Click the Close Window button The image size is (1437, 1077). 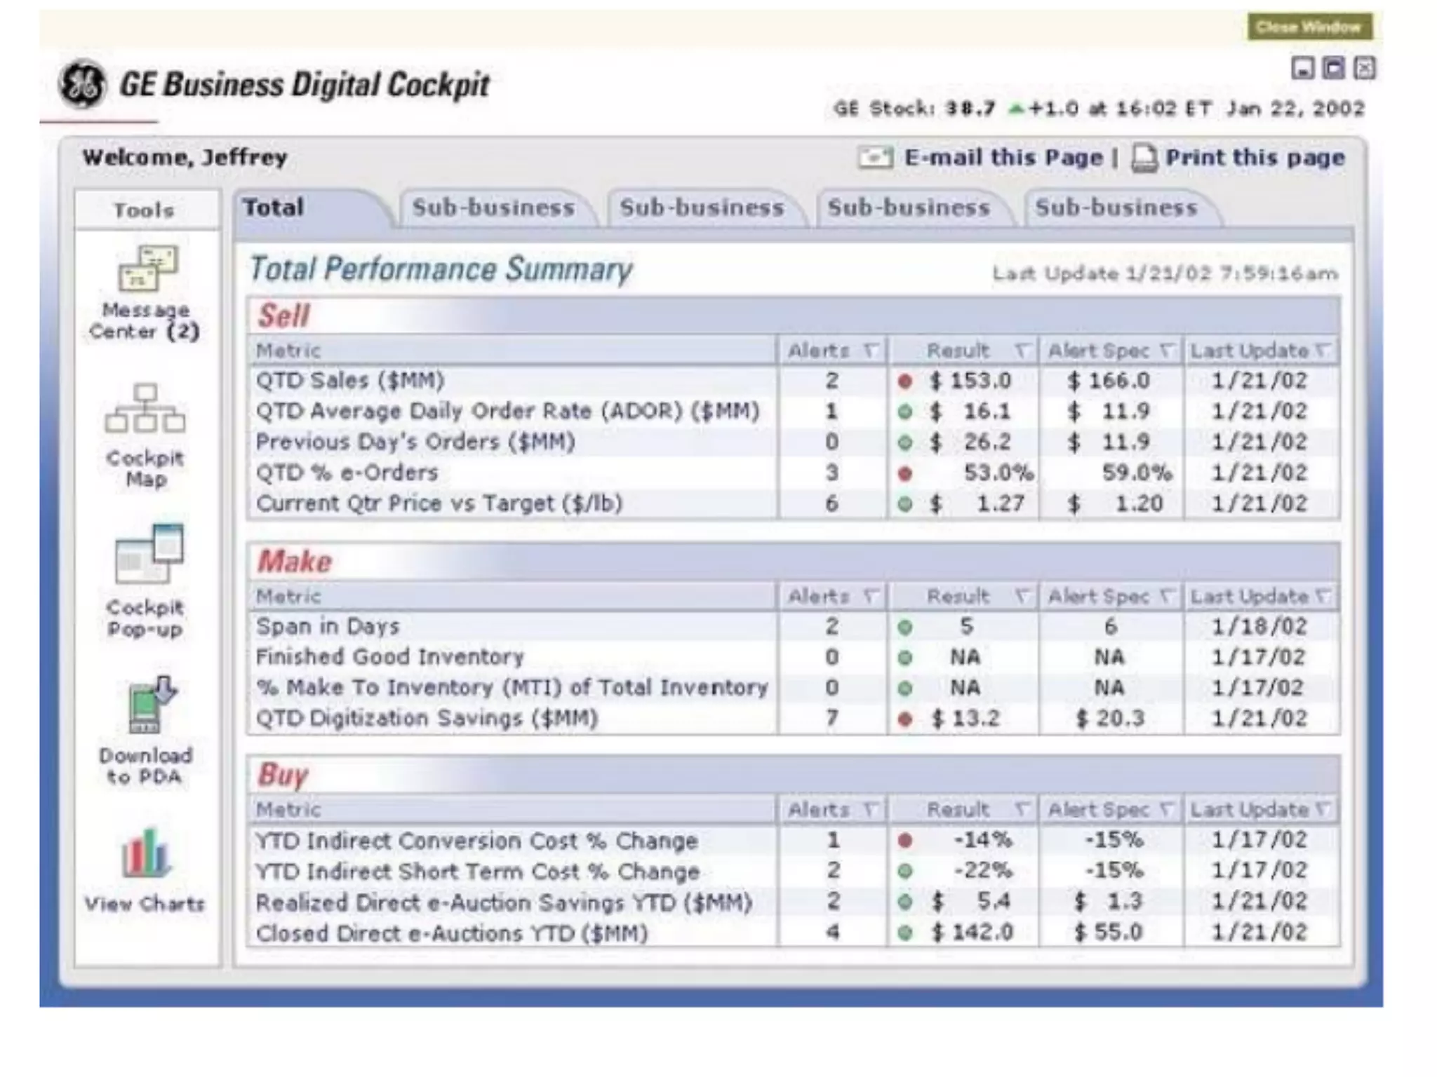(1309, 27)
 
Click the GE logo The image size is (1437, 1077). (83, 84)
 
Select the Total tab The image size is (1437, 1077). (274, 208)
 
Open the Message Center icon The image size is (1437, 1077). (147, 269)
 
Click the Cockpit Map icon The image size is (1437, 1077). (145, 409)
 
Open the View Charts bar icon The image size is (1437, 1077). (146, 854)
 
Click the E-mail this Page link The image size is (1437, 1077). (1003, 158)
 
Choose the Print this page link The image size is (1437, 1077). (1255, 158)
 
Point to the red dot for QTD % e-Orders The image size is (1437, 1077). (905, 474)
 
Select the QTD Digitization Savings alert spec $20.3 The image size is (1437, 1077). (1110, 718)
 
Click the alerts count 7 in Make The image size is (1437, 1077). (832, 718)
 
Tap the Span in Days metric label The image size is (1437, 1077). (328, 626)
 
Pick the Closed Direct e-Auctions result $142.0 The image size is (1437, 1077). (973, 933)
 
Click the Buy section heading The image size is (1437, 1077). (282, 775)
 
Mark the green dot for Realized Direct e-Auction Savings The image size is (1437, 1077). (905, 902)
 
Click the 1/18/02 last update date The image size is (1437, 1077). (1259, 626)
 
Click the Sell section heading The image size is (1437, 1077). (283, 316)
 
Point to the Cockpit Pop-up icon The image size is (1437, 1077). (148, 555)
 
